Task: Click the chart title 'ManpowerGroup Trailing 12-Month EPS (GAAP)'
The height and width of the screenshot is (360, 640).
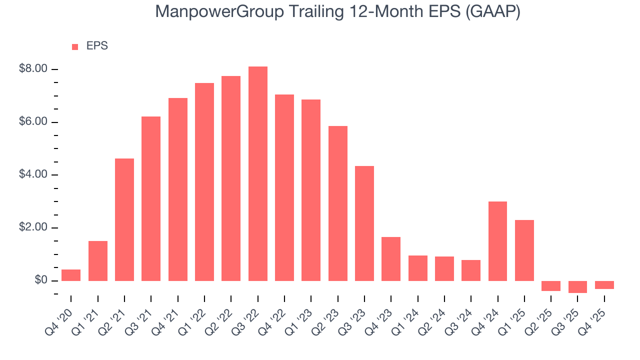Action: tap(337, 12)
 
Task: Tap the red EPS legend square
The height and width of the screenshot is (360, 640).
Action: tap(75, 46)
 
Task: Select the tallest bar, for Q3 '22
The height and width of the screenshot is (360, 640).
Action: tap(257, 173)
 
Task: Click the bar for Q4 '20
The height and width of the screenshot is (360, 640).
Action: tap(71, 275)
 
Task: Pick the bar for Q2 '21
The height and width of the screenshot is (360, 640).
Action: tap(124, 219)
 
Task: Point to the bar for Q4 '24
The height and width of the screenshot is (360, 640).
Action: tap(497, 241)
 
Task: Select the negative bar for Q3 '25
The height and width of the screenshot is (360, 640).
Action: tap(577, 286)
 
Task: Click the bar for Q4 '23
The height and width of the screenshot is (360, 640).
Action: tap(391, 258)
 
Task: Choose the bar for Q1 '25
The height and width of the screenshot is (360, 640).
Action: tap(524, 250)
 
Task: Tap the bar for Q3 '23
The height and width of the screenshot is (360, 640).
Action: tap(364, 223)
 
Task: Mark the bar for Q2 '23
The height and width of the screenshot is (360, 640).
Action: tap(337, 203)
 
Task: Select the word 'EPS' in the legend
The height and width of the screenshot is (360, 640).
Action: tap(97, 46)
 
